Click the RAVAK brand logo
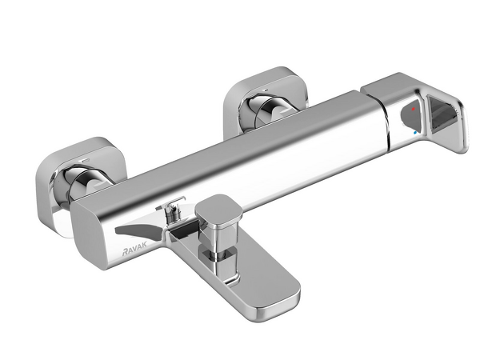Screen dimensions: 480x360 tap(135, 243)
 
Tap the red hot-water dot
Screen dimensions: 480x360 tap(414, 109)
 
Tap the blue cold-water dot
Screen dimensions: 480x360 tap(415, 133)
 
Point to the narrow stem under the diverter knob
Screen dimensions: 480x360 tap(218, 256)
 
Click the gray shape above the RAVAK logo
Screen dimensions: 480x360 tap(139, 231)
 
